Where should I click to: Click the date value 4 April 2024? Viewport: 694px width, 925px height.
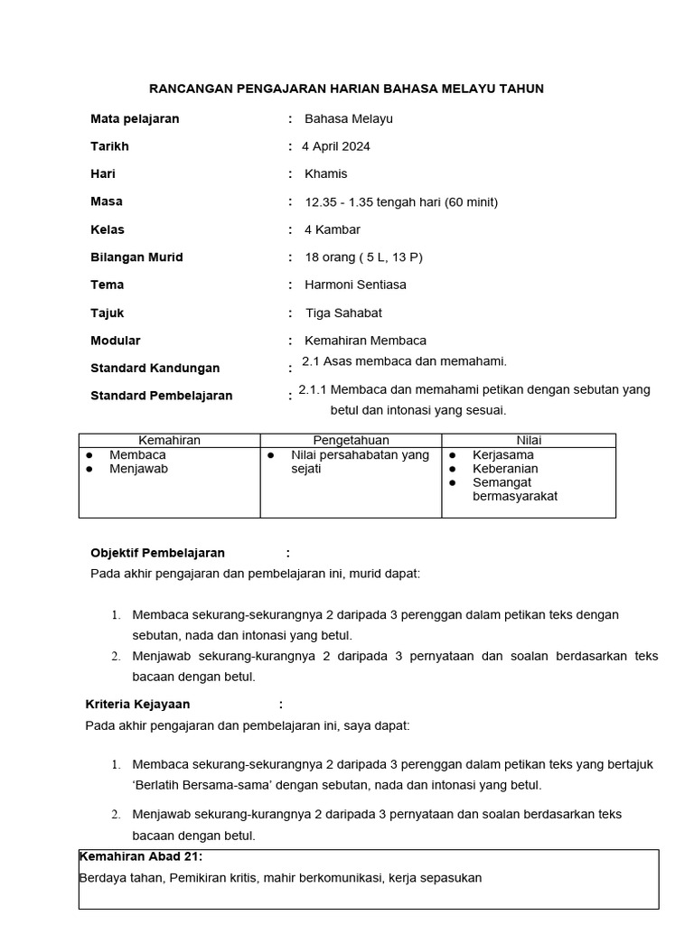pos(337,146)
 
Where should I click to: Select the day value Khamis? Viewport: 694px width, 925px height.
pos(325,173)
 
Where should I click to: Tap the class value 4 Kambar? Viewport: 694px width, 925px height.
pos(333,229)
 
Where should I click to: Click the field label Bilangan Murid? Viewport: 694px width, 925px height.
pos(136,257)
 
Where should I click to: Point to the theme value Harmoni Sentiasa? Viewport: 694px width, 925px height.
pos(355,285)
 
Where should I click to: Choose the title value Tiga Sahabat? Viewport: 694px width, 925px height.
pos(343,313)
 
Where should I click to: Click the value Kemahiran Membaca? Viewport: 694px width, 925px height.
pos(365,341)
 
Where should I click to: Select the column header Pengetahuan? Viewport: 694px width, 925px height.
pos(350,440)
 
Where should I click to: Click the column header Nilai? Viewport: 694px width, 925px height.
pos(529,440)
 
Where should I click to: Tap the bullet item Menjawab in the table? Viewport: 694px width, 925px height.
pos(138,469)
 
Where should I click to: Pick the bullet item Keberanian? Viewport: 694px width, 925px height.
pos(505,469)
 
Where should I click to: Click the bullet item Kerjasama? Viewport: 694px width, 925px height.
pos(503,455)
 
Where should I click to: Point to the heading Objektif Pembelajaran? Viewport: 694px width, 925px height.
pos(157,553)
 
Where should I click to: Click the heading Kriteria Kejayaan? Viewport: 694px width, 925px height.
pos(137,705)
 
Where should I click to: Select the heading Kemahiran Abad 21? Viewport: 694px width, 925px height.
pos(141,856)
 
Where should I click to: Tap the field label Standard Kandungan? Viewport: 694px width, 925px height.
pos(155,368)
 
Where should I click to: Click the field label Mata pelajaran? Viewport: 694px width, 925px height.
pos(135,118)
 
